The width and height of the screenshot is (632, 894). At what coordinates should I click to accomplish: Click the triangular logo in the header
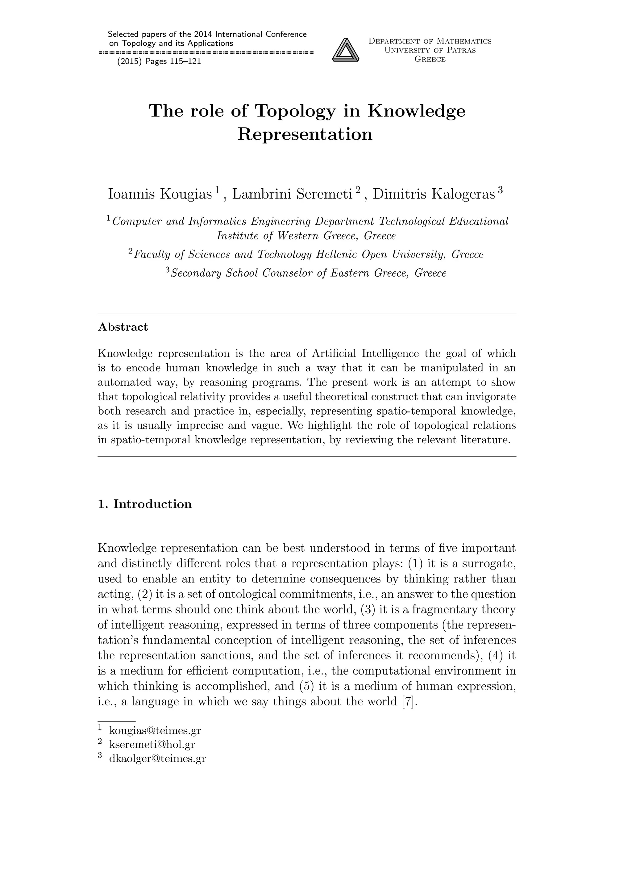(345, 50)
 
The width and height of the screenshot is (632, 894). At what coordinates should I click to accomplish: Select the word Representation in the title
(305, 134)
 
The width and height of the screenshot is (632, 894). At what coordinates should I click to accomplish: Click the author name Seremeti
(324, 194)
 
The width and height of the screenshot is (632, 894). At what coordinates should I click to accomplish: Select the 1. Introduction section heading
(144, 504)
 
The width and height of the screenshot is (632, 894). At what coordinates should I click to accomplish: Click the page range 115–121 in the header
(185, 61)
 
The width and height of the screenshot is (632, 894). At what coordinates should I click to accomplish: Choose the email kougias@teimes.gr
(155, 730)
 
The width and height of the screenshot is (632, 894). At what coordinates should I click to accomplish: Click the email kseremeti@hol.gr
(152, 745)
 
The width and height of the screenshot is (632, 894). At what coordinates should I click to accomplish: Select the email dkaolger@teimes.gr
(157, 758)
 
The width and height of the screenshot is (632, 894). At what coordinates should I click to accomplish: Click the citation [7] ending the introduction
(409, 702)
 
